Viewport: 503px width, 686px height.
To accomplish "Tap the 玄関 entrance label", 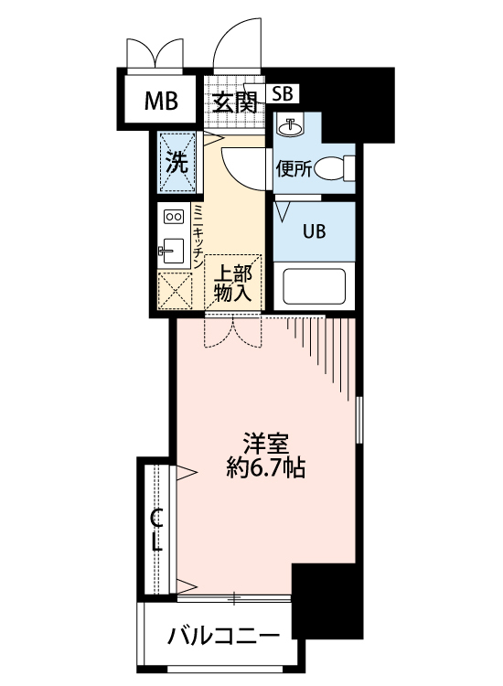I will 234,102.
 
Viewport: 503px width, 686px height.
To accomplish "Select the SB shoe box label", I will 284,93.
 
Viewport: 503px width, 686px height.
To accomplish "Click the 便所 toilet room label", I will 294,168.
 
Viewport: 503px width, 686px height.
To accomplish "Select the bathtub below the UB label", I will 313,286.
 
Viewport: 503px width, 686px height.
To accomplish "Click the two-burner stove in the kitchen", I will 174,217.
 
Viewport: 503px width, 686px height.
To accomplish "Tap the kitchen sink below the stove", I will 172,248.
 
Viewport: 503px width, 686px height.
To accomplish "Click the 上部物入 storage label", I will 233,284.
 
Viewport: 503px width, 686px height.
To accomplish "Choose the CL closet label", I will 157,531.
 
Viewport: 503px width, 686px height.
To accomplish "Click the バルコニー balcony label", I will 222,635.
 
